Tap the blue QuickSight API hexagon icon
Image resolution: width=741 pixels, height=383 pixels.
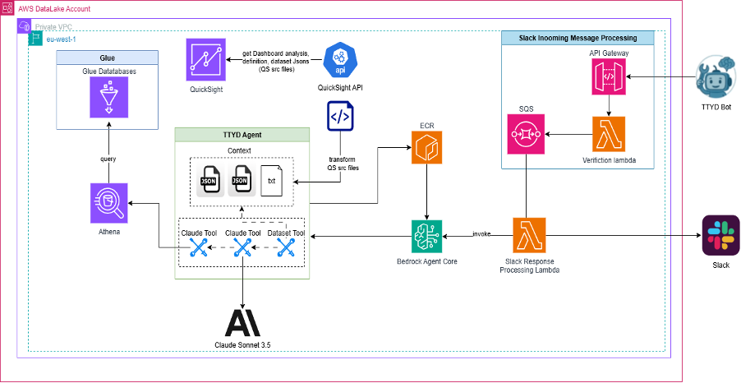click(339, 59)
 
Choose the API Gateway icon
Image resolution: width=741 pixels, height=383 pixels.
click(608, 80)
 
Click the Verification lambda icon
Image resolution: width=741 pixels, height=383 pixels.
click(608, 135)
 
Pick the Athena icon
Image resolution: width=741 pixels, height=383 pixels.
click(109, 202)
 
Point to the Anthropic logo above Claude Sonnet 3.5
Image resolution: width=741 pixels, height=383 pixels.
click(242, 321)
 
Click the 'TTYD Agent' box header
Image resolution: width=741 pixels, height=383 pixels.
click(242, 133)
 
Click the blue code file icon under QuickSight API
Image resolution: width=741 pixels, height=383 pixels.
click(339, 118)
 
